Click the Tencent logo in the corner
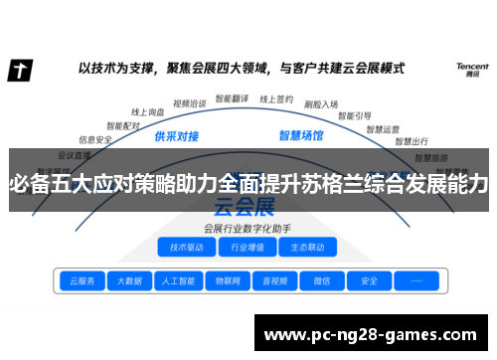472,69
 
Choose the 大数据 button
129,281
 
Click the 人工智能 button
178,281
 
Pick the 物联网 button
227,281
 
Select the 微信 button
322,281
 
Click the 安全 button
369,281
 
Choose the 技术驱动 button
187,247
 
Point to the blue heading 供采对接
179,135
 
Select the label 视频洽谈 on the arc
189,102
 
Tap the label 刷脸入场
320,103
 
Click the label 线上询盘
149,112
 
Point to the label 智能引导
356,114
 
